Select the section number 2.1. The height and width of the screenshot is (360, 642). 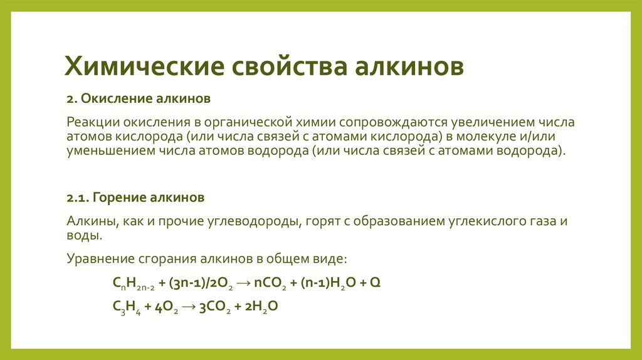[x=78, y=198]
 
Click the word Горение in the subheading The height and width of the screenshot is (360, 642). [x=120, y=198]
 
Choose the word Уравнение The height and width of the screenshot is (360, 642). [x=100, y=258]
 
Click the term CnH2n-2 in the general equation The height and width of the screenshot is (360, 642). [x=134, y=283]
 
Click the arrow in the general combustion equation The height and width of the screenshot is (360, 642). [x=244, y=283]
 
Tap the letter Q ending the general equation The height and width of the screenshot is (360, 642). [x=375, y=283]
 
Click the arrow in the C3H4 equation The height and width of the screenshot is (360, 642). [x=189, y=307]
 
